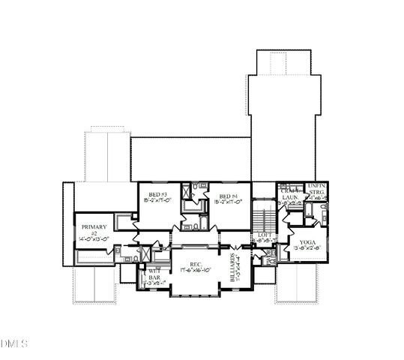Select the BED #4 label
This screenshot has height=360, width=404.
[x=229, y=195]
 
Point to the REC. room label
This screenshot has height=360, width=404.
[x=196, y=263]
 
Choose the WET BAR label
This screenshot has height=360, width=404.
[x=154, y=274]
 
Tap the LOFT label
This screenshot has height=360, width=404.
[x=265, y=235]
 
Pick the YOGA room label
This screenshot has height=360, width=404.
[x=307, y=242]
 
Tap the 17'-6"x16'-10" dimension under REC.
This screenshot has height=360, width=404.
[x=196, y=270]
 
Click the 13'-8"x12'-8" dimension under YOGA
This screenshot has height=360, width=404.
[x=307, y=249]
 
